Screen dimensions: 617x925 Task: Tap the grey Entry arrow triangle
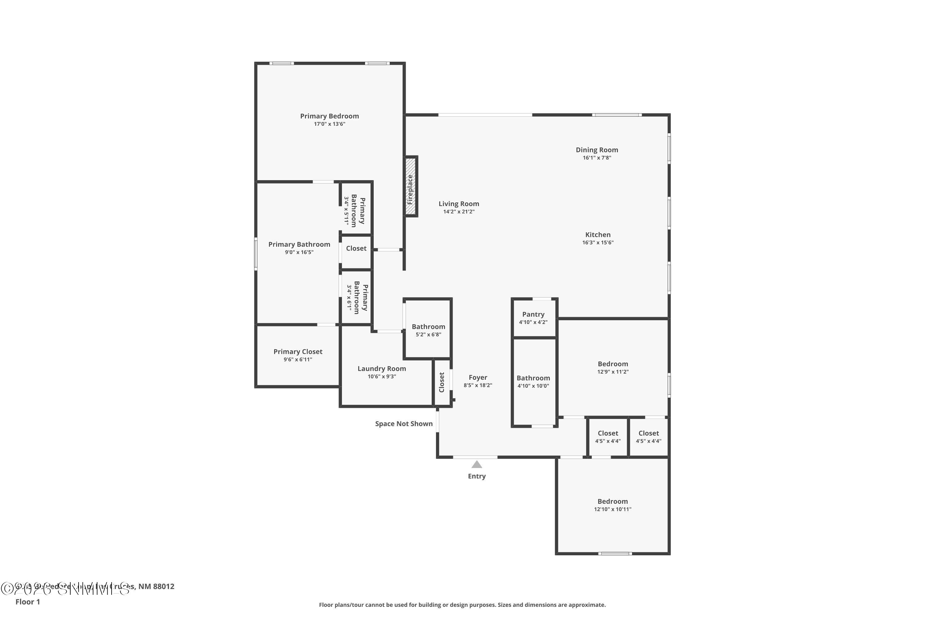coord(477,464)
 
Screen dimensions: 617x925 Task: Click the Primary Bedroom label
coord(330,116)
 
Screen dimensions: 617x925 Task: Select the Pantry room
coord(533,317)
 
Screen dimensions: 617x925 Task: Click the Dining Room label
coord(597,150)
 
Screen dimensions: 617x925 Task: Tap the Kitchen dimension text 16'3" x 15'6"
coord(598,243)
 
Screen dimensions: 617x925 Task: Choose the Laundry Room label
coord(381,369)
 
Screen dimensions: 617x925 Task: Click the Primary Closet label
coord(298,352)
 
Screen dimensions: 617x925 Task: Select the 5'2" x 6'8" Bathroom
coord(428,330)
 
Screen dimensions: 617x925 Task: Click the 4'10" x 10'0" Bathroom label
coord(533,378)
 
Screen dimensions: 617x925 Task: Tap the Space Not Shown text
coord(404,424)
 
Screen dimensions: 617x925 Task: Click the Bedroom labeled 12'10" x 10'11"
coord(612,504)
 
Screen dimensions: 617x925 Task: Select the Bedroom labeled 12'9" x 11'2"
coord(612,367)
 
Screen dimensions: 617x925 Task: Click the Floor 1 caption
coord(27,602)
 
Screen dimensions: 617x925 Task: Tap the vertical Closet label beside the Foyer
coord(441,382)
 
